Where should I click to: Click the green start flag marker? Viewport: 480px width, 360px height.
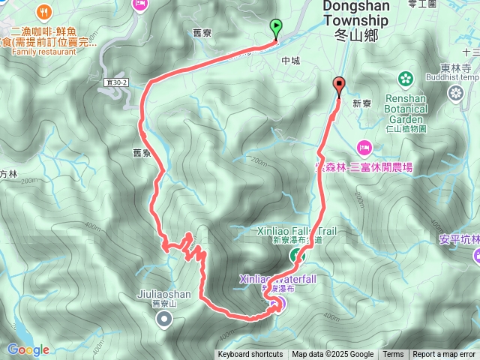click(276, 28)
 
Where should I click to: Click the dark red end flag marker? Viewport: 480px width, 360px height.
click(339, 85)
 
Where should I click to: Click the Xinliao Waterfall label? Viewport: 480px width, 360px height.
click(288, 279)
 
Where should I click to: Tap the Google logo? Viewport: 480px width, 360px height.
click(28, 349)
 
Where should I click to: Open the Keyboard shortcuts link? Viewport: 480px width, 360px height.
click(250, 355)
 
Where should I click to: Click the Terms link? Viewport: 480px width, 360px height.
click(393, 355)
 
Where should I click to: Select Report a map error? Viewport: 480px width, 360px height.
click(444, 355)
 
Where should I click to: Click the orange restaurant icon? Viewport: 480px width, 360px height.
click(47, 11)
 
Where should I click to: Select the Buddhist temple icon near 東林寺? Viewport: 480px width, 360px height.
click(456, 92)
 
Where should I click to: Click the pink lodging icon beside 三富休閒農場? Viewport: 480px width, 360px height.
click(364, 146)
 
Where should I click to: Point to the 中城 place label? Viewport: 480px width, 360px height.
click(290, 61)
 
